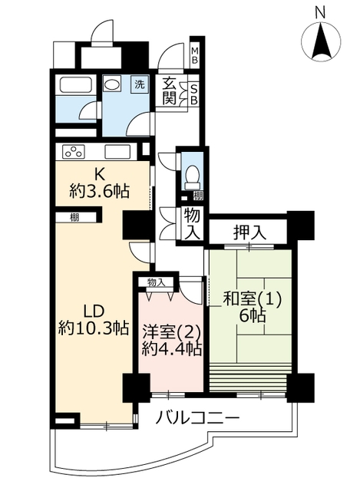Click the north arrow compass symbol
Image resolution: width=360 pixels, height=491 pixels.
pos(320,41)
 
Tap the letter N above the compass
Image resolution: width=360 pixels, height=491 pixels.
pos(320,13)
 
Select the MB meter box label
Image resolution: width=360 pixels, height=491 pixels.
pos(194,55)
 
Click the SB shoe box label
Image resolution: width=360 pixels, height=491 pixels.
pos(194,94)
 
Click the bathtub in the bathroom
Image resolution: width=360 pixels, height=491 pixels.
pos(76,84)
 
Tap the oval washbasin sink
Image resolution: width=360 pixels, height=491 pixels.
pos(112,84)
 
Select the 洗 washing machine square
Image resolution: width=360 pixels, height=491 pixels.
pos(139,84)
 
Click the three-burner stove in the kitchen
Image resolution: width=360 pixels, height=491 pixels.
pos(74,152)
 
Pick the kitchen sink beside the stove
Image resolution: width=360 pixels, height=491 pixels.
pos(117,152)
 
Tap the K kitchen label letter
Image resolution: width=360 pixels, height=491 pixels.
pos(99,175)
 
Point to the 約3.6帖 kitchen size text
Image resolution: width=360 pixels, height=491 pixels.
pos(99,191)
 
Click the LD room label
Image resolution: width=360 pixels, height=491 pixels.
pos(94,311)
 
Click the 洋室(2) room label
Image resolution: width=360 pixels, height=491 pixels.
pos(170,332)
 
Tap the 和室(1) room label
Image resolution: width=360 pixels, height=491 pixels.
pos(253,298)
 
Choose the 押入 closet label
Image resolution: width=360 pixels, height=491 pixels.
pos(249,232)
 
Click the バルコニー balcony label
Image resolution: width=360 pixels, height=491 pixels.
pos(198,417)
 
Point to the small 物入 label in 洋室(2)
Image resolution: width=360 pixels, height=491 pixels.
pos(156,283)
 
